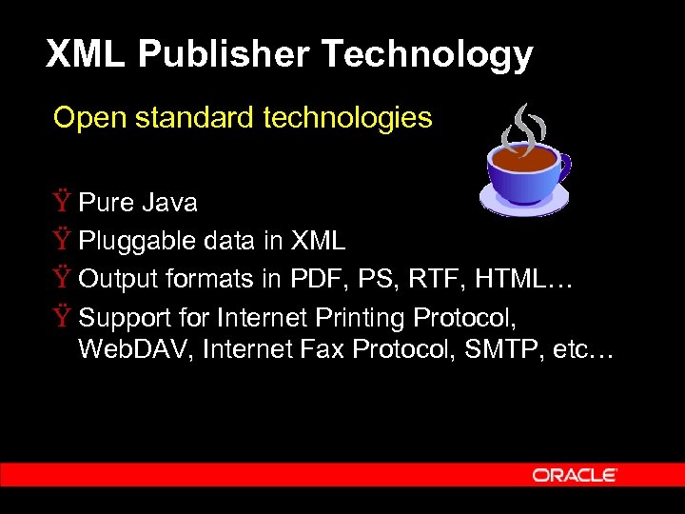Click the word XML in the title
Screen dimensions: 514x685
86,54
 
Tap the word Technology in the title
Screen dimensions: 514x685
426,54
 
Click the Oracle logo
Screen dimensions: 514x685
575,474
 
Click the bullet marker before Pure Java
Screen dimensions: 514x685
62,203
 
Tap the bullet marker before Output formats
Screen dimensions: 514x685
62,279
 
